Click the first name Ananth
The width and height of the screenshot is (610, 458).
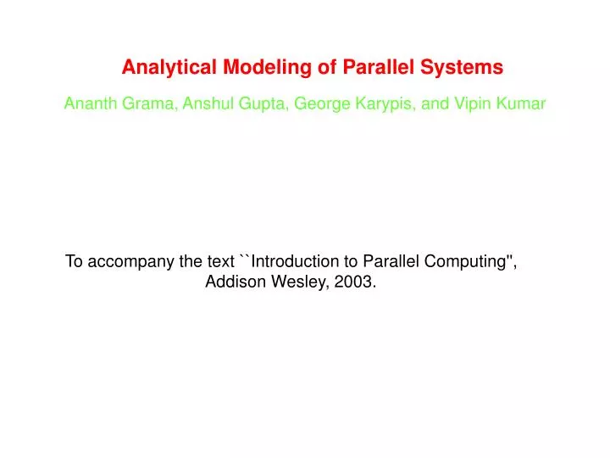[87, 104]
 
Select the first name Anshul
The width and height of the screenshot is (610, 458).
[203, 104]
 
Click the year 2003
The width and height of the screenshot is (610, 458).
[355, 283]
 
